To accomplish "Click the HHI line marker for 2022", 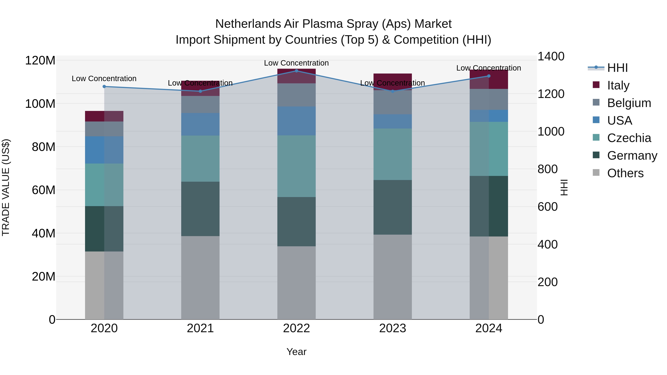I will (296, 71).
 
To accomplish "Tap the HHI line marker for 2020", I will (104, 86).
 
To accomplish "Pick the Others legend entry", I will (625, 173).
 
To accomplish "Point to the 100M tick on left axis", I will (40, 104).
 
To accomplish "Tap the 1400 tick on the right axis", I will (551, 56).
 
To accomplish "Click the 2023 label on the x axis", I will (393, 328).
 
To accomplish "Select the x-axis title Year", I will (296, 352).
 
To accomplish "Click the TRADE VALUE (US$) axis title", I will (6, 187).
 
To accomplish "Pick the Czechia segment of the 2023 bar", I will (393, 154).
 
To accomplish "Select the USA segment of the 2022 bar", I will (296, 121).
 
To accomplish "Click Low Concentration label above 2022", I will (296, 63).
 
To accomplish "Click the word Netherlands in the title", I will (248, 24).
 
